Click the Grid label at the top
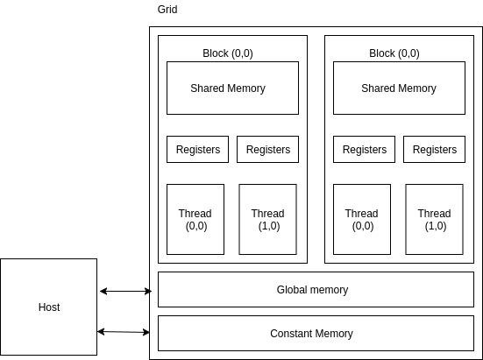coord(167,10)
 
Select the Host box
coord(48,307)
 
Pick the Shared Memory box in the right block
coord(399,88)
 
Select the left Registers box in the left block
coord(197,149)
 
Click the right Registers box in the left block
coord(267,149)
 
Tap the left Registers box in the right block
coord(364,149)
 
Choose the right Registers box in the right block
coord(434,149)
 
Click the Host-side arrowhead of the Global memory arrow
coord(103,291)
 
